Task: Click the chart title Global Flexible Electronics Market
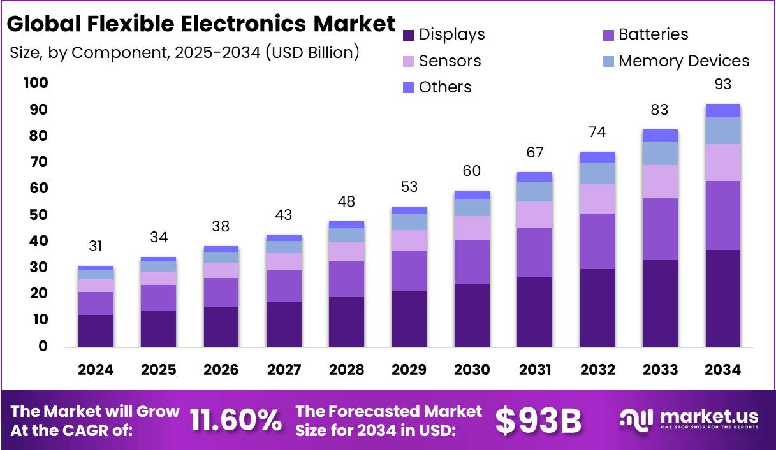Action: (201, 24)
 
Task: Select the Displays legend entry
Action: (444, 34)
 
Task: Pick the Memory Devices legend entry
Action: (676, 61)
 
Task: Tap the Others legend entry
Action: (437, 87)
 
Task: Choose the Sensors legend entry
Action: (442, 61)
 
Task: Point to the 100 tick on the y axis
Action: (36, 83)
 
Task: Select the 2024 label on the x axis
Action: (96, 370)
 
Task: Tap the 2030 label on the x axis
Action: (472, 370)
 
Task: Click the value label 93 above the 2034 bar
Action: (722, 85)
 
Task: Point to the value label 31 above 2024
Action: (96, 247)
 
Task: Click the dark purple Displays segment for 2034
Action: (722, 298)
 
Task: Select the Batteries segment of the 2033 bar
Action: (660, 229)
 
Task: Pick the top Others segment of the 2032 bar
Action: (597, 157)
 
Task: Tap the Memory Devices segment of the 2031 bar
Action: (534, 191)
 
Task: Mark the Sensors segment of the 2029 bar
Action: (409, 240)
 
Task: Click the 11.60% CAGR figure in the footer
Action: (236, 421)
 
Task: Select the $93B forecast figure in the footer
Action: (539, 421)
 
